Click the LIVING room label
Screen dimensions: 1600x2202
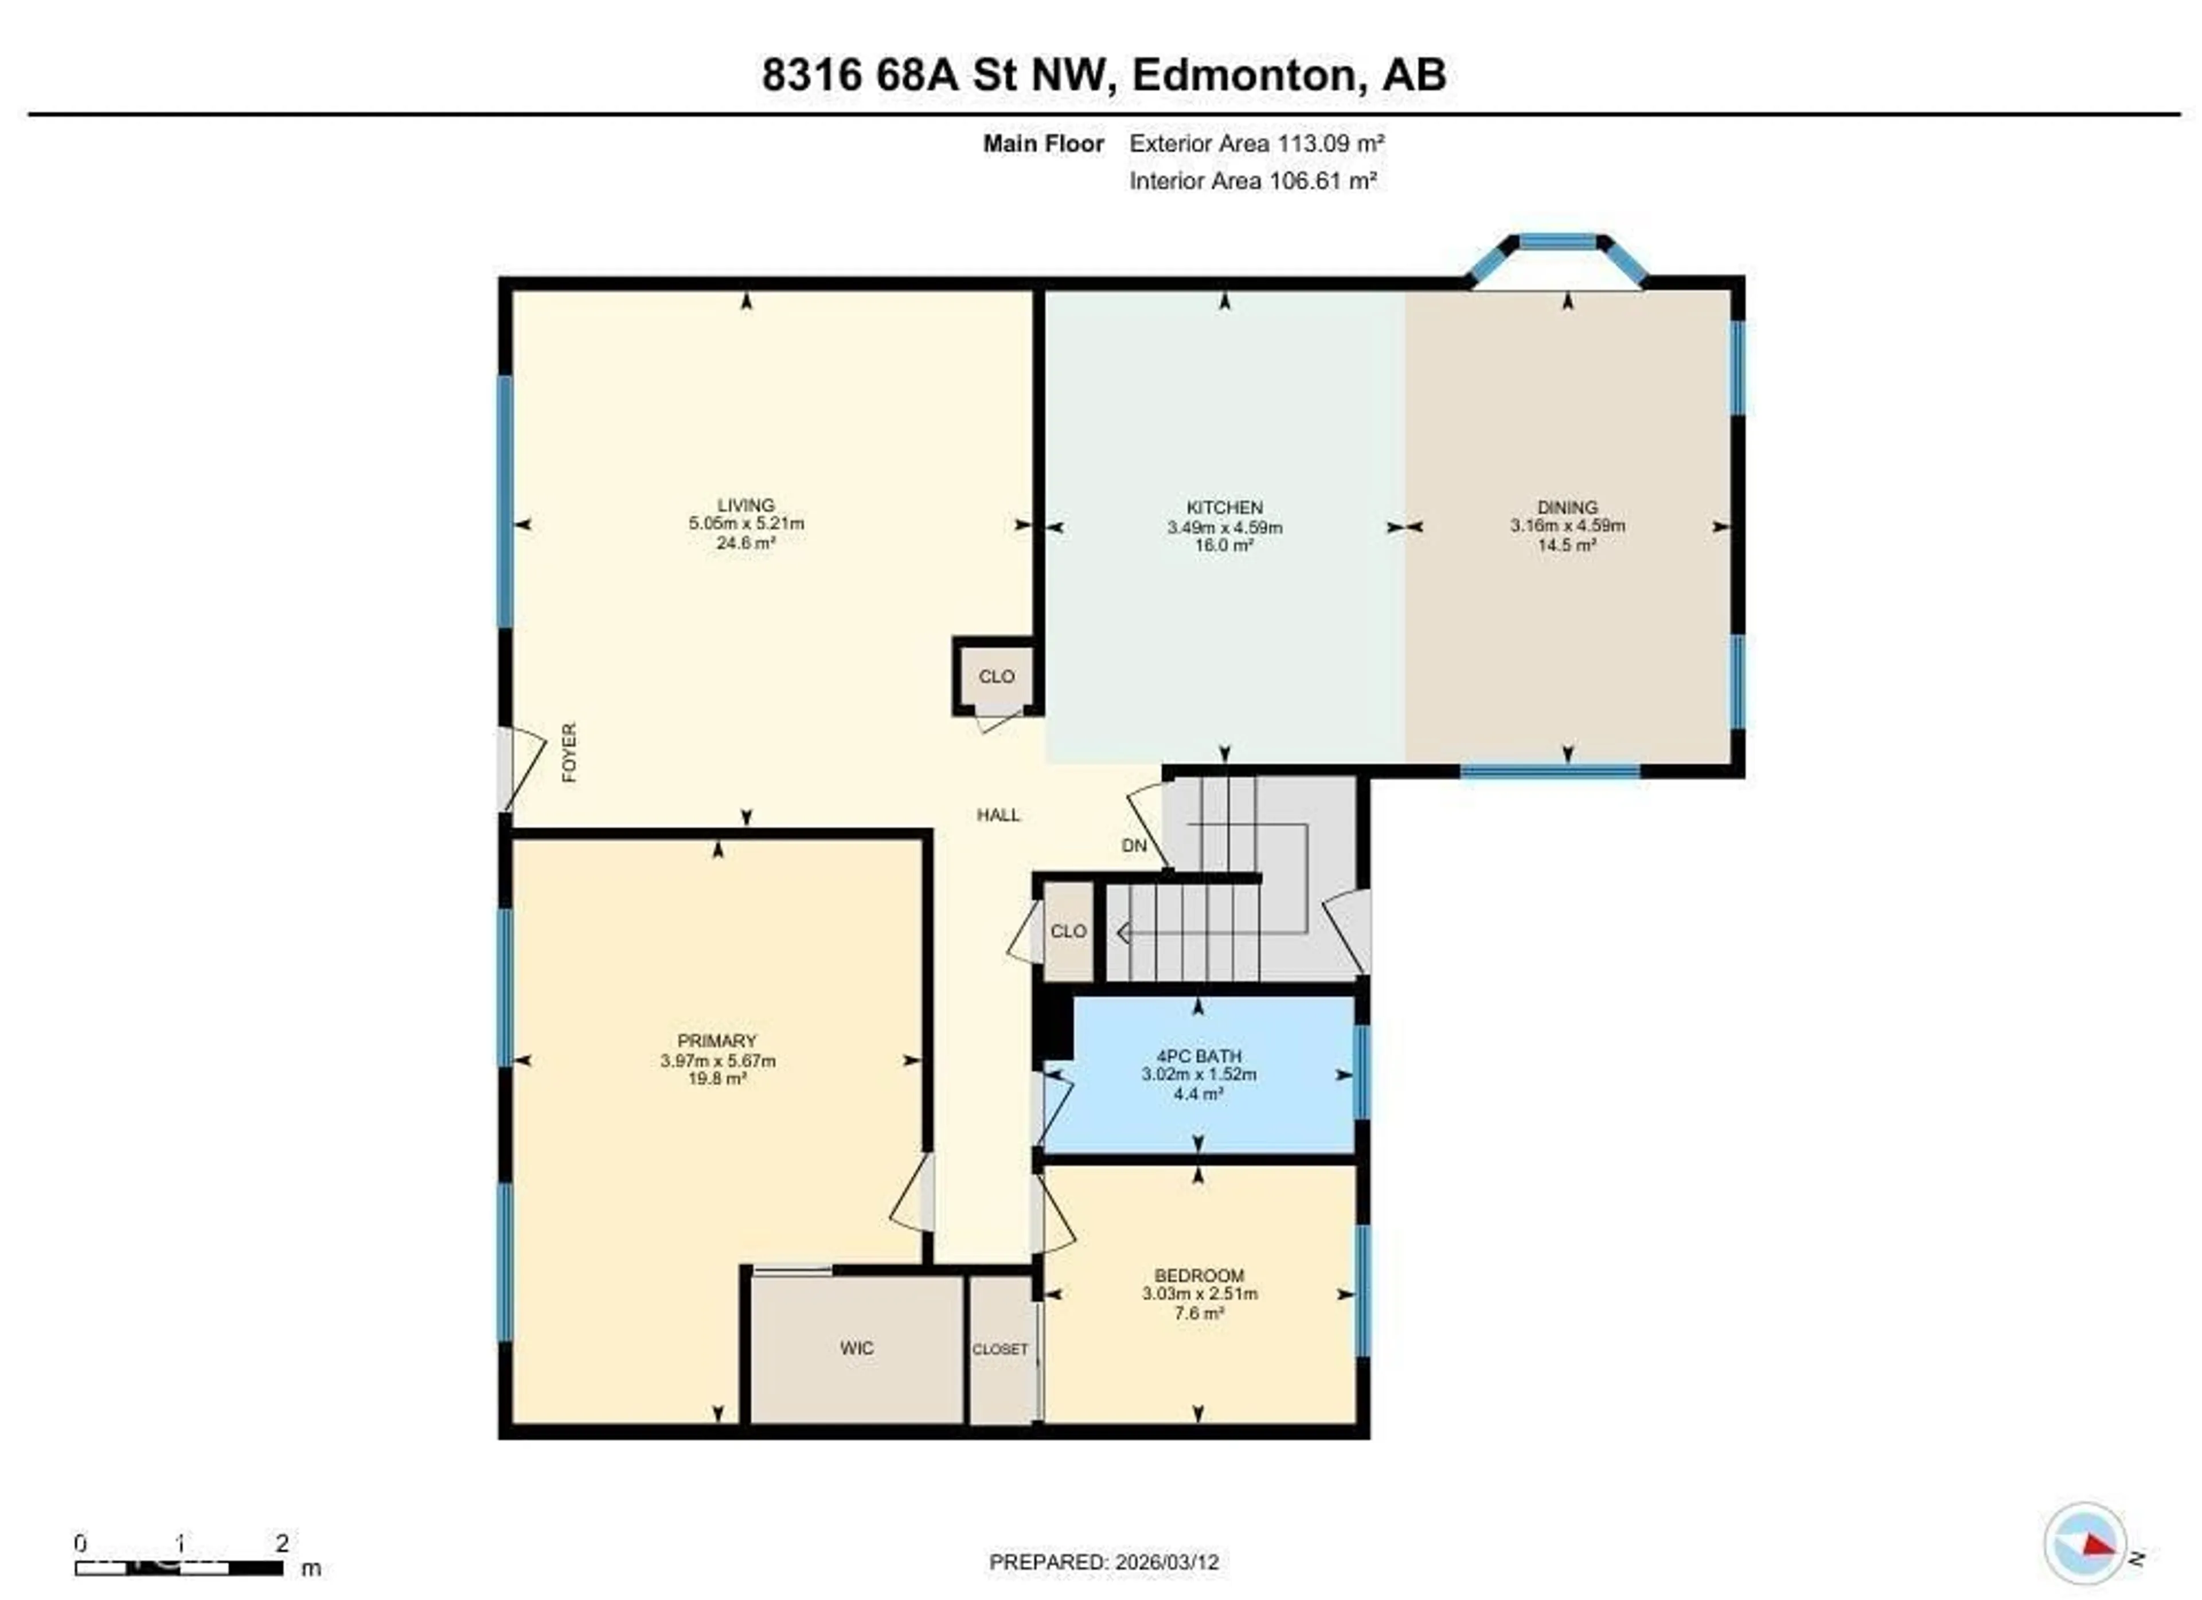pos(745,505)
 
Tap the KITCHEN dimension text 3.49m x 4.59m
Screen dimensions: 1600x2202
pos(1224,527)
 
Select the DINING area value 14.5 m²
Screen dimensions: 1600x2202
pos(1567,545)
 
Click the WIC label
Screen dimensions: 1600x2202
pos(856,1348)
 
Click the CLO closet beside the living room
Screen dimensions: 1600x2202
pos(996,676)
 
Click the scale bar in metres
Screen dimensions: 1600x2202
pos(179,1567)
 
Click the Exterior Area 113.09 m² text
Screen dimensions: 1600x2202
pos(1256,144)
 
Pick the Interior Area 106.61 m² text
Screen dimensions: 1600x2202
pos(1252,181)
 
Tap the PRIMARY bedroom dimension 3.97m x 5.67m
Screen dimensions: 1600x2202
pos(717,1060)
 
